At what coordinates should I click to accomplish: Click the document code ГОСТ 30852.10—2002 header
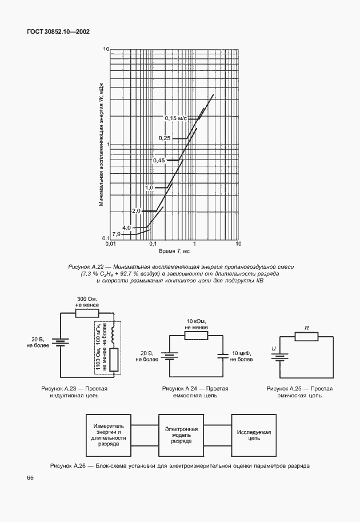[x=58, y=32]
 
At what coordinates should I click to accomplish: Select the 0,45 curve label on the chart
[x=159, y=161]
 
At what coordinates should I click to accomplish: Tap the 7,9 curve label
[x=116, y=234]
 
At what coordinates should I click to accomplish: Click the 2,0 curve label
[x=136, y=211]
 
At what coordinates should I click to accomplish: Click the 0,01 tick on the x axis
[x=111, y=244]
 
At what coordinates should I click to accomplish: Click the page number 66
[x=30, y=477]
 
